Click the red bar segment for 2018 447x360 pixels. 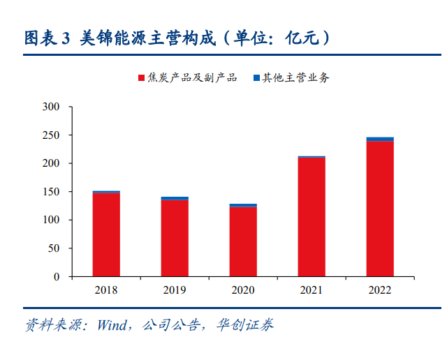point(106,234)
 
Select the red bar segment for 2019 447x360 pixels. point(175,238)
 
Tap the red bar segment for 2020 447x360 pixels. point(243,241)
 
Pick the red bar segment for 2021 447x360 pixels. point(312,217)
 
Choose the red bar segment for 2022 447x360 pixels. point(380,209)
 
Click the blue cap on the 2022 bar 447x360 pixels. point(380,140)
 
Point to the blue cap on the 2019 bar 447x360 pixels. point(175,199)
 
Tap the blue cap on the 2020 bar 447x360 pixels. point(243,205)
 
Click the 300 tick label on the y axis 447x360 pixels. point(51,107)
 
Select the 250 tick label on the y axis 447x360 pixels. point(51,135)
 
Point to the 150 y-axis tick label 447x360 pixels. point(51,192)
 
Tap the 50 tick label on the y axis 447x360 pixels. point(54,248)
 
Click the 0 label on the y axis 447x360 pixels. point(57,276)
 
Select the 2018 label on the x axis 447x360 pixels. point(106,290)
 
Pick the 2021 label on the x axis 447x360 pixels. point(312,290)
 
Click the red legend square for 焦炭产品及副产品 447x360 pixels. point(141,77)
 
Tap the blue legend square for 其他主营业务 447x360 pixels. point(256,77)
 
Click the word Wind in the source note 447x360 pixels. point(112,325)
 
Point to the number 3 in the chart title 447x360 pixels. point(66,38)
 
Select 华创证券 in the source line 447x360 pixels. point(245,325)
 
